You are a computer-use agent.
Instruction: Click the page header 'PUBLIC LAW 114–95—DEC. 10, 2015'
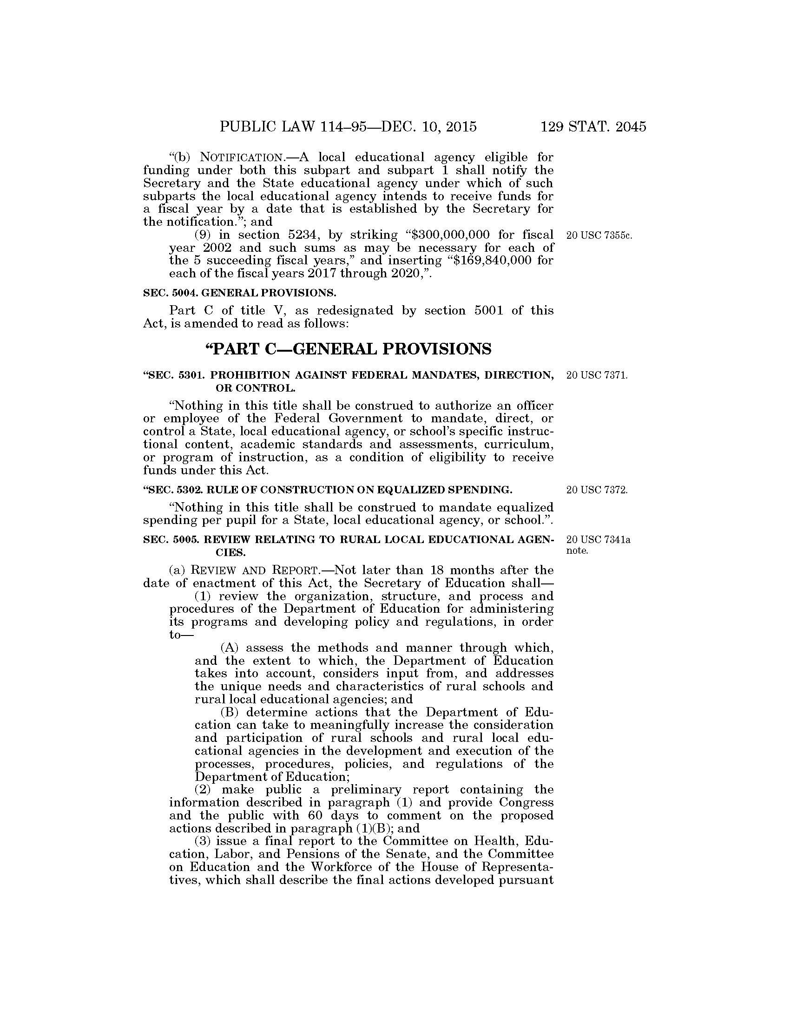pos(348,127)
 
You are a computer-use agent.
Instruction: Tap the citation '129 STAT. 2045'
pos(593,127)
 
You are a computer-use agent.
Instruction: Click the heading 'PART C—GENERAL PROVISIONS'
pos(348,348)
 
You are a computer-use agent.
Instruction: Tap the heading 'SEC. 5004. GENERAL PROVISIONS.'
pos(240,293)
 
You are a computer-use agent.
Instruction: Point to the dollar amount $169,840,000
pos(491,260)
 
